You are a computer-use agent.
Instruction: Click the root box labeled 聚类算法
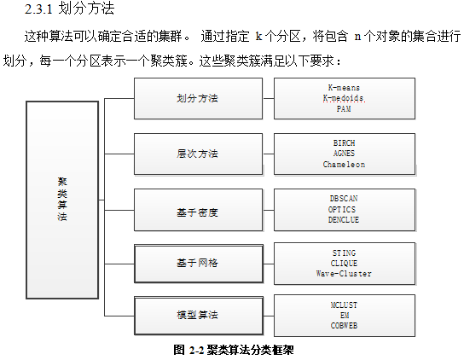pos(62,200)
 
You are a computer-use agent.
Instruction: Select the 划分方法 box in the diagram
pos(198,99)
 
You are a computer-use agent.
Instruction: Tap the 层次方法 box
pos(198,154)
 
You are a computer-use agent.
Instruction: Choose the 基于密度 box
pos(198,210)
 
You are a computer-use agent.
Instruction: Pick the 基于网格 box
pos(199,264)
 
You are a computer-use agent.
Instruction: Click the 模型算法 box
pos(199,316)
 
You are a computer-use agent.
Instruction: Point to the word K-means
pos(344,88)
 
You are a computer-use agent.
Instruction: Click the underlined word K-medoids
pos(344,98)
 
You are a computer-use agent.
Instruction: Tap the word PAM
pos(344,108)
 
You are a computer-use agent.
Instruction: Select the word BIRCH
pos(344,143)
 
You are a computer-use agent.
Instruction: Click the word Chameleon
pos(344,165)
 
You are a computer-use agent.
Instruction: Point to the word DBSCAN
pos(344,199)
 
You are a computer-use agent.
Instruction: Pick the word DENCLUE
pos(344,220)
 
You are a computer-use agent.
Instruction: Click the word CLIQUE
pos(344,264)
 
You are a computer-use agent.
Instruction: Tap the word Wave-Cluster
pos(344,274)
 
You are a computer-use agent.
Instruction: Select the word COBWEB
pos(344,326)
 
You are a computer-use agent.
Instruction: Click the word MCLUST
pos(344,305)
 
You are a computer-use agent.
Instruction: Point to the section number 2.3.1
pos(38,9)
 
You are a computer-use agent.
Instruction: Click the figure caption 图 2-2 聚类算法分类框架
pos(234,351)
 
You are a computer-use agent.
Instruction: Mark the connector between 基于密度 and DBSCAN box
pos(269,210)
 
